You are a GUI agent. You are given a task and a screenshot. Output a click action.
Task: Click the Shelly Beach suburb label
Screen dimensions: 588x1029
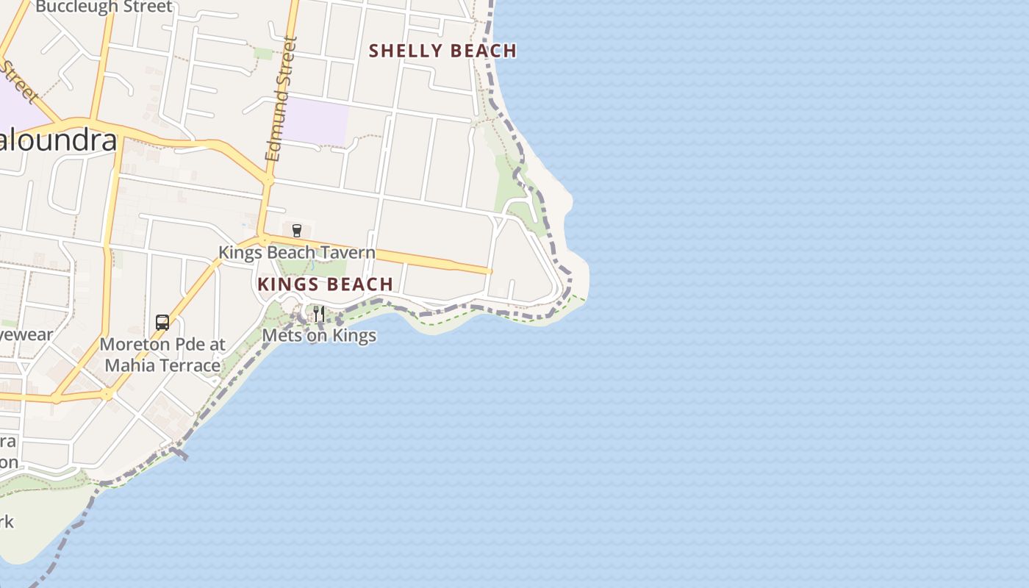click(x=442, y=51)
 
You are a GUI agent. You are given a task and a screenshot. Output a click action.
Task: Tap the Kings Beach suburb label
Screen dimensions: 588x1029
click(x=325, y=284)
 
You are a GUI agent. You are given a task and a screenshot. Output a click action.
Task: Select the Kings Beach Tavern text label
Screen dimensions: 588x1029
click(x=296, y=253)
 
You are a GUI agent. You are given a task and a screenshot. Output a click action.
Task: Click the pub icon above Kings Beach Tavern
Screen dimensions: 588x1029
click(x=297, y=231)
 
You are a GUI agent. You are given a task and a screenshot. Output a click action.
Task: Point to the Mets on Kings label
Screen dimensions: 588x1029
click(x=319, y=336)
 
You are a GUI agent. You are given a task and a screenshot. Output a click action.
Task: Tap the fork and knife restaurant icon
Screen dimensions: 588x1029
click(x=319, y=314)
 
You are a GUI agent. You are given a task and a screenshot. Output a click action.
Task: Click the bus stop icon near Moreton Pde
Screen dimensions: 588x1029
click(x=162, y=322)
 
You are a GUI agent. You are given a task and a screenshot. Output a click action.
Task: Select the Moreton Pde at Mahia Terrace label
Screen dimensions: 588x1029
click(x=162, y=355)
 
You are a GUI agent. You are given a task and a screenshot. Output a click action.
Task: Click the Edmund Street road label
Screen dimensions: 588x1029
click(x=281, y=99)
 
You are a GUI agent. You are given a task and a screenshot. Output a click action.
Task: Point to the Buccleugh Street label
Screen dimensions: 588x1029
click(x=104, y=7)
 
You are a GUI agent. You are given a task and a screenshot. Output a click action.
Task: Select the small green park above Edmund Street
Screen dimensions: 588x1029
click(x=262, y=53)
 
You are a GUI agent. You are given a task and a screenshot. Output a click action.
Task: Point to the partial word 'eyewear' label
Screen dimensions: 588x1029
click(x=26, y=335)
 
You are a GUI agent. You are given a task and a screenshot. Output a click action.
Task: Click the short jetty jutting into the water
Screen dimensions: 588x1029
click(x=179, y=453)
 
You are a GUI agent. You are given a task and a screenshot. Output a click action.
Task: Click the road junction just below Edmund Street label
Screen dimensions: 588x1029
click(x=268, y=179)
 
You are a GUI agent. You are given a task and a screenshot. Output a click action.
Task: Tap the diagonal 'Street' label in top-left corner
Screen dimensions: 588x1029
click(x=19, y=82)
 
